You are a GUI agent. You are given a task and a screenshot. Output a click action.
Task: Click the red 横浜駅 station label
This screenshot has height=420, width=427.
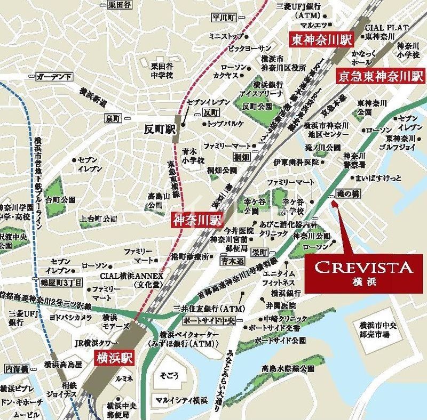point(115,357)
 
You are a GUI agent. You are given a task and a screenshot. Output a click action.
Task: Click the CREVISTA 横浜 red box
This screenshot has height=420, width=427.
point(363,273)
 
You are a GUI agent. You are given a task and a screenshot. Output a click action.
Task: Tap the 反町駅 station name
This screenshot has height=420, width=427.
point(159,128)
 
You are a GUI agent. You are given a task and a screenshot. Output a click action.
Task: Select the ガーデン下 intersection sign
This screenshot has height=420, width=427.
point(54,77)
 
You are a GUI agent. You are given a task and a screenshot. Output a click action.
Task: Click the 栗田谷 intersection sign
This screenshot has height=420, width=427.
point(119,5)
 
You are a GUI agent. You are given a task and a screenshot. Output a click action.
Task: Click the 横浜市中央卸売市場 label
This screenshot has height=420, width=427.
point(378,330)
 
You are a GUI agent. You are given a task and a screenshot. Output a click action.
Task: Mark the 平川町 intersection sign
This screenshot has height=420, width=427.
point(224,18)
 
